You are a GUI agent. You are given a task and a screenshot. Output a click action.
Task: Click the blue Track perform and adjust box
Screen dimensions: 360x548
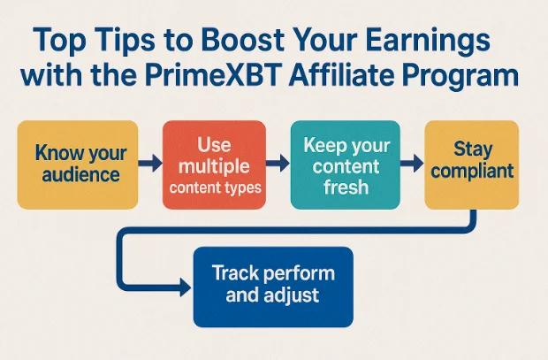click(x=272, y=285)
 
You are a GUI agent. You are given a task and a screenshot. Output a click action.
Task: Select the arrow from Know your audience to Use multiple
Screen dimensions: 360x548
click(x=151, y=165)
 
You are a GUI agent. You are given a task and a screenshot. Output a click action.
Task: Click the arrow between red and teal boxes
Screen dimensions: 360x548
click(x=279, y=165)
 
